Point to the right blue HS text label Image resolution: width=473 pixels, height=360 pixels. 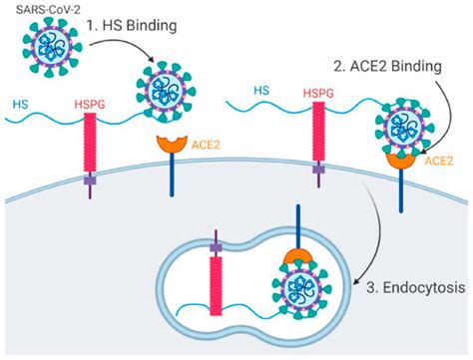click(262, 91)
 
